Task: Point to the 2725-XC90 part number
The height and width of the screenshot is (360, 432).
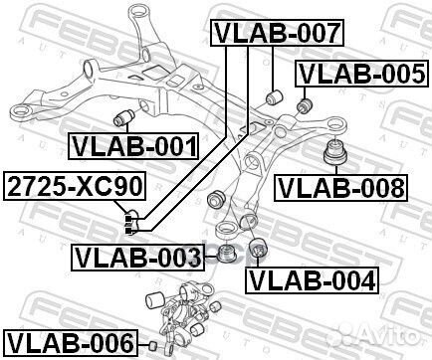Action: (x=76, y=184)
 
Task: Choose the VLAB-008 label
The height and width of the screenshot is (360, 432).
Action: (x=340, y=185)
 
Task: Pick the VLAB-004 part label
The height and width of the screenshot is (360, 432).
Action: (x=312, y=279)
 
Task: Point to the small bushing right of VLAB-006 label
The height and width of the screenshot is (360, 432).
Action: (x=154, y=345)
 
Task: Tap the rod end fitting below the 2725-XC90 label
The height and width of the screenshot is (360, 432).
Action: (x=129, y=216)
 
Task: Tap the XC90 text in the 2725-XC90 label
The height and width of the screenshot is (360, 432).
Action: (x=108, y=184)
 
